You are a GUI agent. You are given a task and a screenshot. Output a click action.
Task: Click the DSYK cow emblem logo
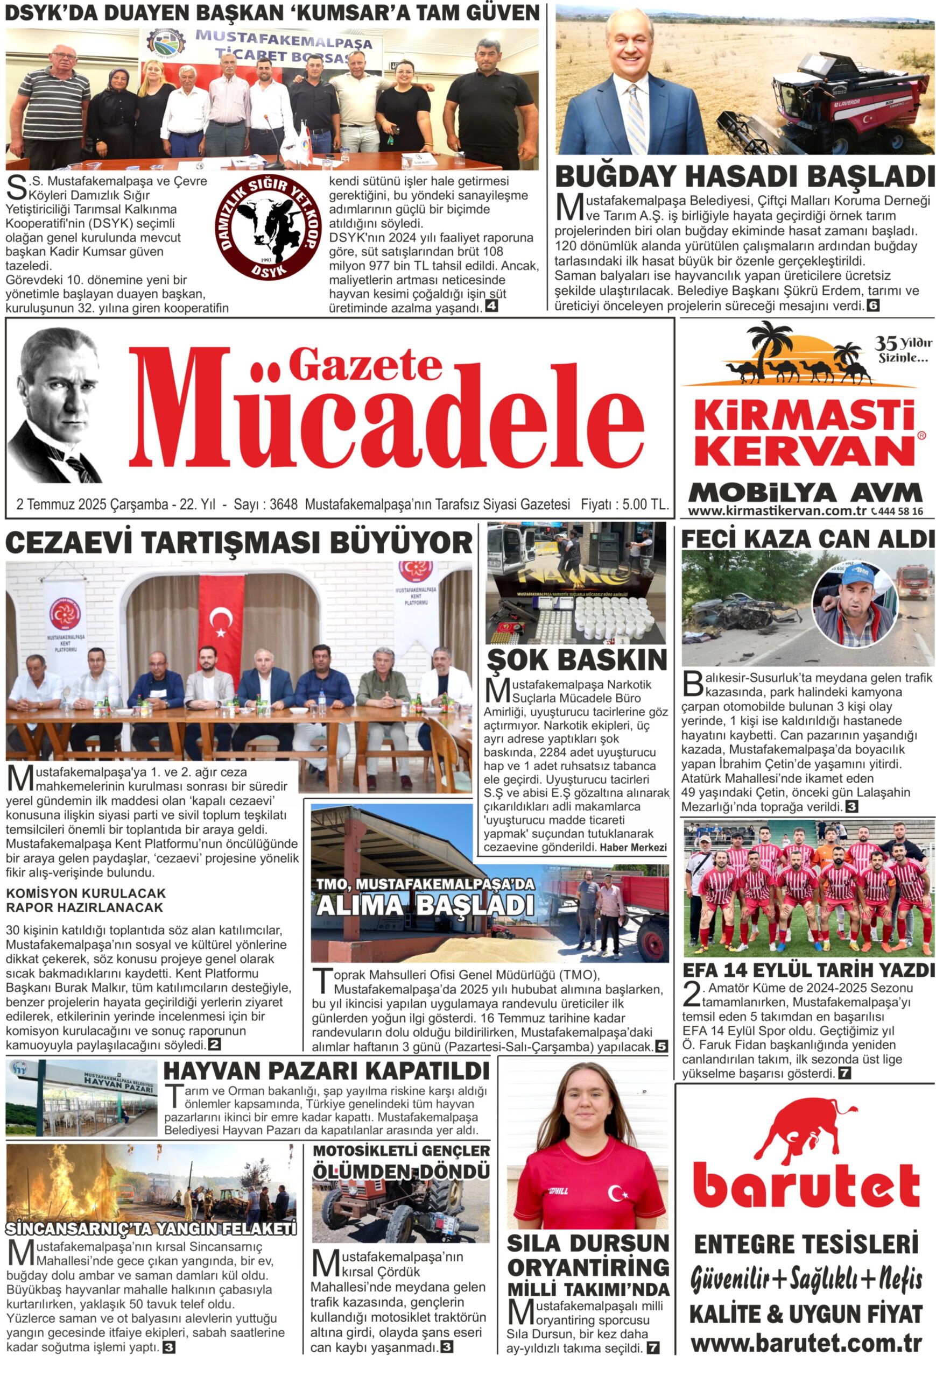tap(268, 227)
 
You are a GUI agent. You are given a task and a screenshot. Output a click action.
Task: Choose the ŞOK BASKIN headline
tap(576, 659)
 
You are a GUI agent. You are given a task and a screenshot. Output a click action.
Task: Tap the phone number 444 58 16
tap(901, 512)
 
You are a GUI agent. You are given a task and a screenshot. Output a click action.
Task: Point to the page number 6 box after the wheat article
tap(872, 306)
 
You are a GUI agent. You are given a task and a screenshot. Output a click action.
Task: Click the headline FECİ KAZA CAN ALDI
tap(807, 538)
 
